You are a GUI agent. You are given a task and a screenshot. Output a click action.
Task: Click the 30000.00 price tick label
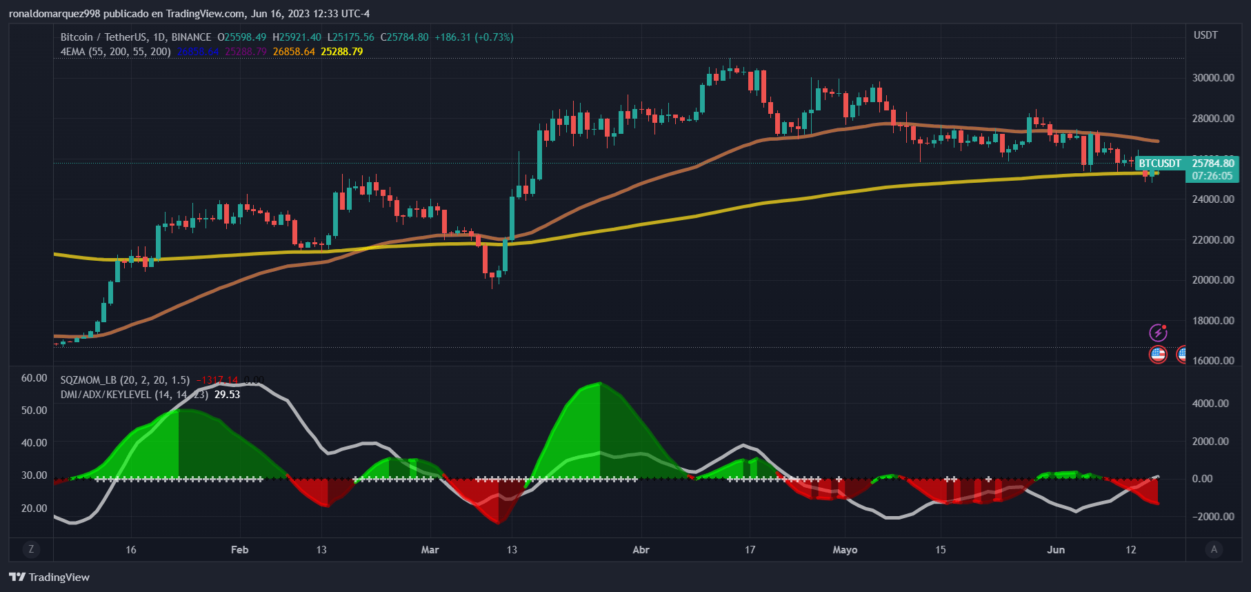(x=1213, y=78)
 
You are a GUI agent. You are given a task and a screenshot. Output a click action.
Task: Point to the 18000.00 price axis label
(x=1213, y=321)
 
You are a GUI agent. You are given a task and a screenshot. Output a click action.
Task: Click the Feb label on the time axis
(x=239, y=550)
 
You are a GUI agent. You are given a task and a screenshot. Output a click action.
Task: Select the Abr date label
(x=641, y=550)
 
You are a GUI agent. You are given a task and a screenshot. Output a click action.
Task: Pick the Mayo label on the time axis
(x=845, y=550)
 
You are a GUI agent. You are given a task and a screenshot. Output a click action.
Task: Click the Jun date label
(x=1056, y=550)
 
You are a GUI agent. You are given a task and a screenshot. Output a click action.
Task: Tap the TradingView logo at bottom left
(x=50, y=577)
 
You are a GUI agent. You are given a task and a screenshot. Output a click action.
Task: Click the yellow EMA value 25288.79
(x=341, y=52)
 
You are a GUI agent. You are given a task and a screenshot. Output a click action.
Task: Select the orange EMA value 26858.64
(x=294, y=52)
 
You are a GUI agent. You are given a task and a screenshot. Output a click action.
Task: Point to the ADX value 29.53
(x=227, y=395)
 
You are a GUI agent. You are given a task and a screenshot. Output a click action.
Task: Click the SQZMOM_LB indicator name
(x=88, y=380)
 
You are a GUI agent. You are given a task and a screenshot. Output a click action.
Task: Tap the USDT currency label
(x=1205, y=35)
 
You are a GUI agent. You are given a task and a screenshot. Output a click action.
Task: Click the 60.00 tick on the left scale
(x=34, y=378)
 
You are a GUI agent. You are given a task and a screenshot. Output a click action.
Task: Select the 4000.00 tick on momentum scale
(x=1210, y=404)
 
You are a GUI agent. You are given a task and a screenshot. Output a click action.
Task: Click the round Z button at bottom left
(x=31, y=549)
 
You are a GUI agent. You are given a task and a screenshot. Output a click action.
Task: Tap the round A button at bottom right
(x=1214, y=549)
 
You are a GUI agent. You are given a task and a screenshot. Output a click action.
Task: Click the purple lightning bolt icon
(x=1158, y=333)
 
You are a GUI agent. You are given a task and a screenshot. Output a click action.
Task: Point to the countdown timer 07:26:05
(x=1212, y=176)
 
